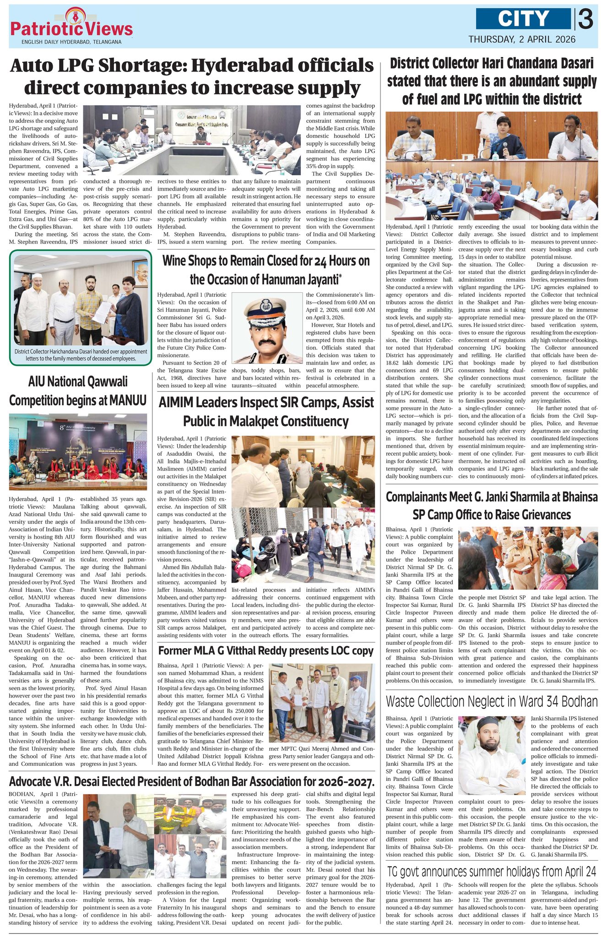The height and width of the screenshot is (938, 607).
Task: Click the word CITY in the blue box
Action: [x=523, y=19]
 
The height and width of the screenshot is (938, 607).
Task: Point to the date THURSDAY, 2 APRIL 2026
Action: [x=522, y=39]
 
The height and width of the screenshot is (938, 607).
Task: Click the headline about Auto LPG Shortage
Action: [x=192, y=76]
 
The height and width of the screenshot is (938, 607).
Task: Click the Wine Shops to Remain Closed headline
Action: [x=266, y=269]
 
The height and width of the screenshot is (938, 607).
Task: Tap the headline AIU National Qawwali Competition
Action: [x=78, y=391]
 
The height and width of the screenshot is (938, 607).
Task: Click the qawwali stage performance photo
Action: [x=78, y=451]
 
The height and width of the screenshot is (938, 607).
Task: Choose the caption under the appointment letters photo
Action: [x=81, y=355]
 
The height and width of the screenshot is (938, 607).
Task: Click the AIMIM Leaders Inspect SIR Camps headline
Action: [x=266, y=411]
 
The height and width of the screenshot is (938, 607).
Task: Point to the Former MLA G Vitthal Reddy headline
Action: [x=266, y=651]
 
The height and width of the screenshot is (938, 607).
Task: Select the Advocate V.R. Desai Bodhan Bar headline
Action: [x=192, y=781]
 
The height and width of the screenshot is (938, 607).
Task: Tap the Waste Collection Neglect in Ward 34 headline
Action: [x=492, y=701]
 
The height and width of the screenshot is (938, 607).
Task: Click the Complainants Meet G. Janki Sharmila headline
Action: [x=492, y=506]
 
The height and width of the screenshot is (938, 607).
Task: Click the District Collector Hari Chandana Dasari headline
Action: [x=492, y=81]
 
